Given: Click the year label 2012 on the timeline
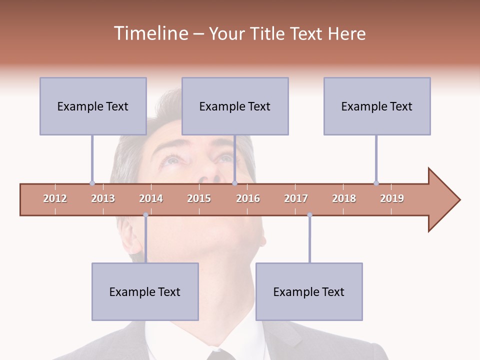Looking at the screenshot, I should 55,198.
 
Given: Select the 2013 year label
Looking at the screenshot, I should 103,198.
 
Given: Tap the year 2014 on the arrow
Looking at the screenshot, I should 151,198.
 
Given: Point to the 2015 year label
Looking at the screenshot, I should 199,198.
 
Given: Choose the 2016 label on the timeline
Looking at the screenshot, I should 248,198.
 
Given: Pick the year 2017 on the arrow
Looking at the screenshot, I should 296,198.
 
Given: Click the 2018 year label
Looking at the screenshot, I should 344,198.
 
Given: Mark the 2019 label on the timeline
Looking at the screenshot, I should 392,198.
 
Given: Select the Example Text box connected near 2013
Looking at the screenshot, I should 93,106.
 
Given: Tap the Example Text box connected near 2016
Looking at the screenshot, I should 235,106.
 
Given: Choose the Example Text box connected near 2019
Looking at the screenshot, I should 377,106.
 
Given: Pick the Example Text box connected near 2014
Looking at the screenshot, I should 145,291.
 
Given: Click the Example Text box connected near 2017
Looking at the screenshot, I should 309,291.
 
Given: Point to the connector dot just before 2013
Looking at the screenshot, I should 92,183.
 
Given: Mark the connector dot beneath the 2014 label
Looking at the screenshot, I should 145,215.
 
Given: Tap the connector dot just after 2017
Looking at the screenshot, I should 309,215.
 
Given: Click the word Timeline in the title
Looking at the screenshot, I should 150,33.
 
